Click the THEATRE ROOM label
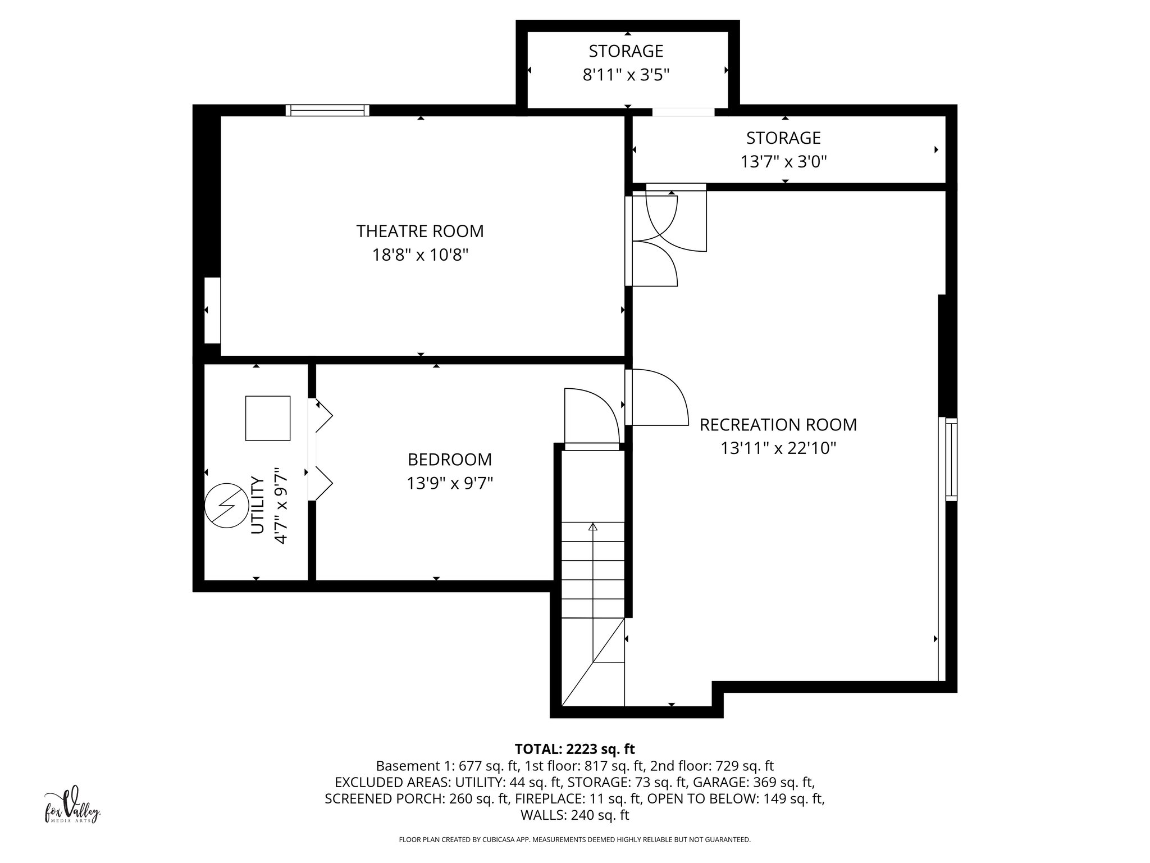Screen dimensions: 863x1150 419,231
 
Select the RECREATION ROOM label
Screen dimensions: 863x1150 778,425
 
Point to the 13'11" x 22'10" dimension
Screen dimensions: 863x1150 778,449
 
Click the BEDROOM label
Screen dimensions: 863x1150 449,460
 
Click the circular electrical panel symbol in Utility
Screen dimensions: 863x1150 226,506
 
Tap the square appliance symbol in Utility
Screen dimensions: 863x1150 268,418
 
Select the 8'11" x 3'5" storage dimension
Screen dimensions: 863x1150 626,75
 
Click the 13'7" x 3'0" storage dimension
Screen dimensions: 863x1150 783,162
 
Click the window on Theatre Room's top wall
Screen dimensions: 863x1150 327,110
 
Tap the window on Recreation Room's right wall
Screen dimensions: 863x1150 951,459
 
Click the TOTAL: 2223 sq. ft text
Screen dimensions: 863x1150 574,749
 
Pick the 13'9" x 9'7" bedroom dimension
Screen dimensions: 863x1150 449,484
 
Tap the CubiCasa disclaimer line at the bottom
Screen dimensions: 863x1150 574,840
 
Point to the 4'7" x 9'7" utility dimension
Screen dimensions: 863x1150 280,506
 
